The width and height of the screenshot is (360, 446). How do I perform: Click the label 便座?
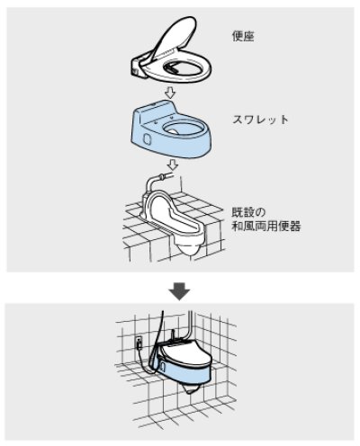[244, 39]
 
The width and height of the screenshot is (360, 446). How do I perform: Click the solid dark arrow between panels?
[179, 290]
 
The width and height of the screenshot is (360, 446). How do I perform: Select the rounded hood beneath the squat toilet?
[190, 244]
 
